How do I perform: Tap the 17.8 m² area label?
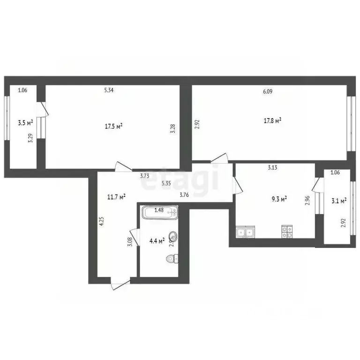click(272, 120)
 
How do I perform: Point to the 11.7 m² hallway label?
click(115, 197)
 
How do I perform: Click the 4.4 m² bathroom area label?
click(157, 241)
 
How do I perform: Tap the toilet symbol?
click(172, 258)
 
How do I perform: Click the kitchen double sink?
click(245, 232)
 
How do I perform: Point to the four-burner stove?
click(287, 232)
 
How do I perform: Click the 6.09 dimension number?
click(268, 92)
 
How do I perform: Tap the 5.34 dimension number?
click(109, 90)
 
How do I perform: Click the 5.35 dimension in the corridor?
click(166, 183)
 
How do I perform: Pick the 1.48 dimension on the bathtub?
click(159, 210)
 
